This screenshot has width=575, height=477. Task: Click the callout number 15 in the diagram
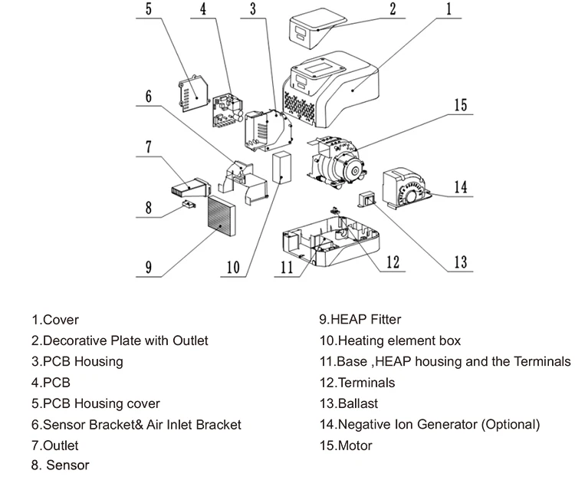(461, 105)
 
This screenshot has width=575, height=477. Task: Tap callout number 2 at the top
(393, 9)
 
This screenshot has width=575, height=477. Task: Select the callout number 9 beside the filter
(148, 267)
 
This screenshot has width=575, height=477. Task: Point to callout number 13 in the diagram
(461, 262)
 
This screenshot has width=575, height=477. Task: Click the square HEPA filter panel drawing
(222, 216)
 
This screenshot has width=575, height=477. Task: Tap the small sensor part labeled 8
(189, 204)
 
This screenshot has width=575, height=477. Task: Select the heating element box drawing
(281, 167)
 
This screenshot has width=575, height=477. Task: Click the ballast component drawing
(367, 200)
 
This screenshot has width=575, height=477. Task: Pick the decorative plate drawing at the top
(317, 31)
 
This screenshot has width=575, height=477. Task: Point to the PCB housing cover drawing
(193, 94)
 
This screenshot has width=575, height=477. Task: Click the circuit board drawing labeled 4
(228, 110)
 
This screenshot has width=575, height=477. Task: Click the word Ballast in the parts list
(358, 403)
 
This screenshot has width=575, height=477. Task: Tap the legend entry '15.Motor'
(346, 446)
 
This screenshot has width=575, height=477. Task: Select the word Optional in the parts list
(511, 425)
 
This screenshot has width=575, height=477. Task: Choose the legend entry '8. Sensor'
(60, 465)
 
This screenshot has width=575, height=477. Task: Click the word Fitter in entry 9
(386, 319)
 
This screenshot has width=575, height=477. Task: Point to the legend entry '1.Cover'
(55, 320)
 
